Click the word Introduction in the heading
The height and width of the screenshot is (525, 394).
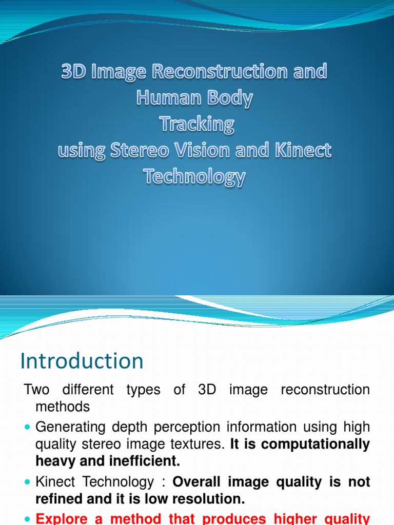pos(82,361)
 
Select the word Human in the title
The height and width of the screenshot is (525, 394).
pos(165,98)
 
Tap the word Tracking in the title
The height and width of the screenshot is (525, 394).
pos(196,124)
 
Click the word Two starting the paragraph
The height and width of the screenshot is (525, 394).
pos(37,390)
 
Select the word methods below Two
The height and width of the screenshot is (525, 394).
pos(63,407)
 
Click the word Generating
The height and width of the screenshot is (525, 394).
pos(70,427)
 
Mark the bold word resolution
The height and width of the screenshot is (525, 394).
pos(205,499)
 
